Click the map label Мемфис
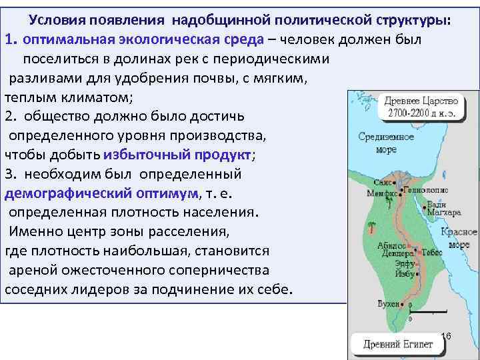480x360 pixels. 381,193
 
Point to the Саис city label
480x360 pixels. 383,181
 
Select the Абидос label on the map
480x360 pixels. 389,245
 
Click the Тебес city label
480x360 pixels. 431,252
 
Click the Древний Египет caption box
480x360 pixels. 398,345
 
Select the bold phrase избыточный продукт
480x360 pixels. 177,155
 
